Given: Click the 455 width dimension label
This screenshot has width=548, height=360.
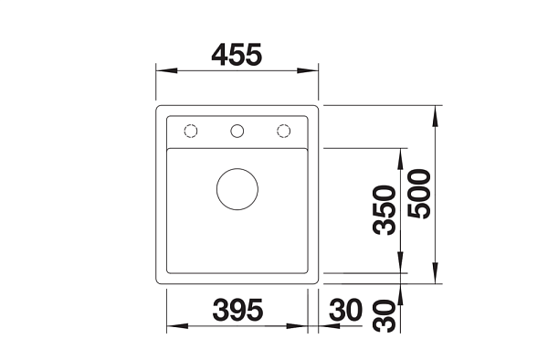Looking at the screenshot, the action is coord(237,55).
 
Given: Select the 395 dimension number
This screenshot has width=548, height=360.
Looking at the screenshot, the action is coord(237,310).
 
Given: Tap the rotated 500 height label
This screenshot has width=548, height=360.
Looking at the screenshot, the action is coord(419,194).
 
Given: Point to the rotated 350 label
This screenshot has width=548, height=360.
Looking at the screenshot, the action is coord(385,210).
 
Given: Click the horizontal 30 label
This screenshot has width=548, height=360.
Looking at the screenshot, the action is coord(345,310).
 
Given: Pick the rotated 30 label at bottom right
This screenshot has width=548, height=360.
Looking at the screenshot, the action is coord(385,316).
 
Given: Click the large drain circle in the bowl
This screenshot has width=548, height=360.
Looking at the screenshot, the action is coord(237,189).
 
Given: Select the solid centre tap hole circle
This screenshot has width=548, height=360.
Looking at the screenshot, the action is coord(237,131).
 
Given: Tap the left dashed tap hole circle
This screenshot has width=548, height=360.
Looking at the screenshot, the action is coord(191,131).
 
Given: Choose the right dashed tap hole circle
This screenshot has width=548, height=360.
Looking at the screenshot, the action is coord(283,131).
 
